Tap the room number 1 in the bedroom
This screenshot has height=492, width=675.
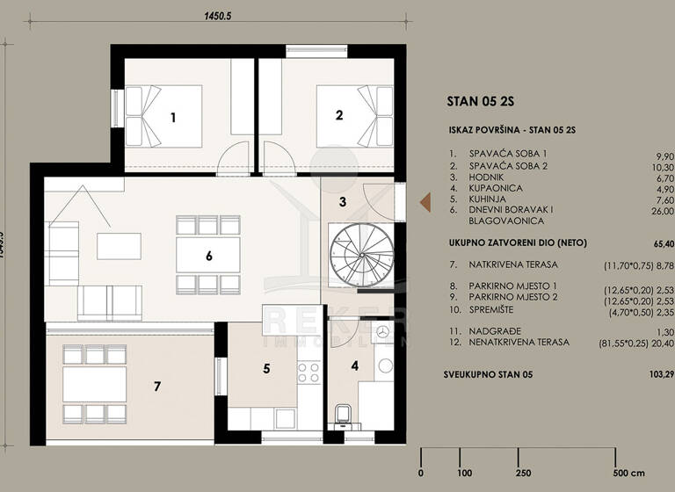pos(174,117)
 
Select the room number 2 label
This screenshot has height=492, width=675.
pos(337,114)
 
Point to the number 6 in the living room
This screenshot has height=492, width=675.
pos(209,257)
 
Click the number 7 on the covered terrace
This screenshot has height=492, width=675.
pos(157,386)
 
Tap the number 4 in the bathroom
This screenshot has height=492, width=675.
pos(355,366)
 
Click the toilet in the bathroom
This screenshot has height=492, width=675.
pos(345,413)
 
